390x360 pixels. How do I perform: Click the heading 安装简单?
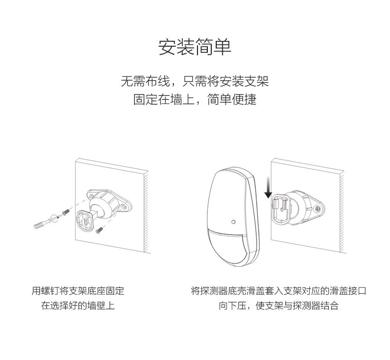pos(195,47)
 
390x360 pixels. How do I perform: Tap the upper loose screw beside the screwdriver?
pos(66,213)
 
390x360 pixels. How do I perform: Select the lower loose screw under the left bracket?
pos(99,230)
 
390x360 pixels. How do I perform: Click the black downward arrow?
pos(268,187)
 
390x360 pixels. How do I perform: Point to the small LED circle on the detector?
pos(234,221)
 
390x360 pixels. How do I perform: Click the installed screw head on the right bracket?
pos(317,209)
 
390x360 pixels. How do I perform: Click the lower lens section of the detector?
pos(229,249)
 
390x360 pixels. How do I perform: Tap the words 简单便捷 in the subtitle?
pos(232,99)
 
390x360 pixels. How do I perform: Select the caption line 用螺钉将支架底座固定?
pos(78,290)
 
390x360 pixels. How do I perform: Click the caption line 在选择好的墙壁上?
pos(78,305)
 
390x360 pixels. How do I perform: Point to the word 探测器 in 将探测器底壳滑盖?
pos(214,290)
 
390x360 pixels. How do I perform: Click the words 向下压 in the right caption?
pos(233,305)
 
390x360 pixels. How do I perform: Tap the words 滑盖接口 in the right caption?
pos(348,290)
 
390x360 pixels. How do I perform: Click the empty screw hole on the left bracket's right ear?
pos(123,207)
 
